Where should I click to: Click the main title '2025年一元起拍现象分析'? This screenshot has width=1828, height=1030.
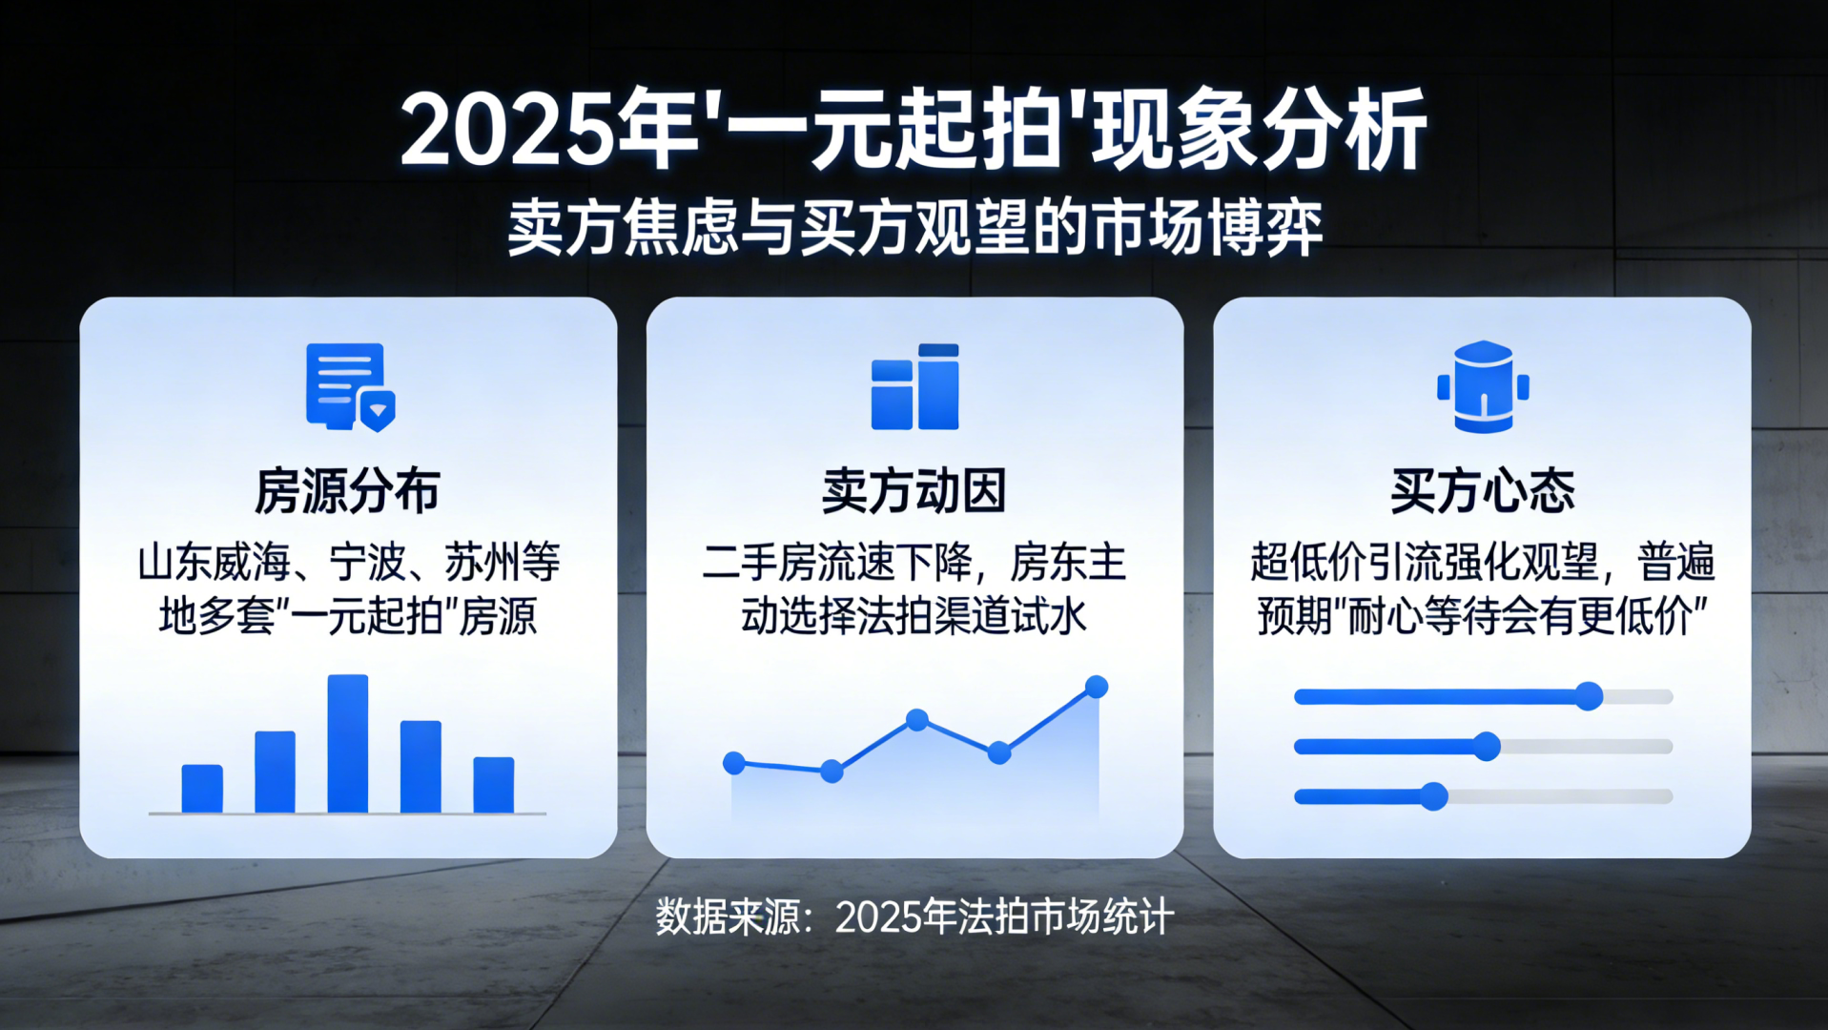click(914, 131)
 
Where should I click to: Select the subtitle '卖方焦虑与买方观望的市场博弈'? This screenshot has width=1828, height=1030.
click(914, 228)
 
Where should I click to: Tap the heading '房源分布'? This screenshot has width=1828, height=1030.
click(348, 491)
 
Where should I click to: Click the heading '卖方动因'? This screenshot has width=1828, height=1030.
click(914, 491)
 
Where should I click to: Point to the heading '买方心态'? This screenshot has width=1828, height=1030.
click(1482, 491)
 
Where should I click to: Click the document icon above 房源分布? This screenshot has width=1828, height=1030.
click(350, 387)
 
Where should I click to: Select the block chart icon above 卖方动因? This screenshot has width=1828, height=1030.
click(915, 387)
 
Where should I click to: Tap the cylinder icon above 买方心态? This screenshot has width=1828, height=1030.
click(1483, 386)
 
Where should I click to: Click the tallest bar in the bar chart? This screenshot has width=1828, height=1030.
click(348, 744)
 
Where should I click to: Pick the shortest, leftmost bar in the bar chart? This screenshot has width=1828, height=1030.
click(202, 789)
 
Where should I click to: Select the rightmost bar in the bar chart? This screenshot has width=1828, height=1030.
click(494, 785)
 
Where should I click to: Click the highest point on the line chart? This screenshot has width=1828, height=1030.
click(1097, 687)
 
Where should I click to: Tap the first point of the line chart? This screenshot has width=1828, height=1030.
click(734, 762)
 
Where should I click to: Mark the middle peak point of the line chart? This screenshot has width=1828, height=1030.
click(917, 719)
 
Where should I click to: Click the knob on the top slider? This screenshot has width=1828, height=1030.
click(1589, 696)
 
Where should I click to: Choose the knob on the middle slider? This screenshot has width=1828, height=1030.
click(1487, 746)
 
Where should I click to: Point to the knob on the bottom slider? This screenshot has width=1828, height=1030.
click(1434, 795)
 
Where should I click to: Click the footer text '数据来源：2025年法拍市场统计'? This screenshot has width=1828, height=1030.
click(914, 917)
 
